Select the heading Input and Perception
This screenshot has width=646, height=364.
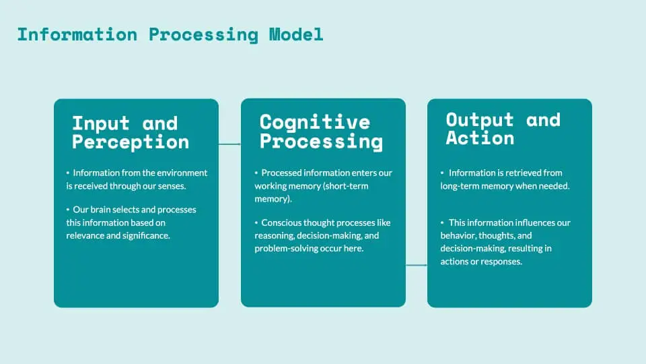coord(131,133)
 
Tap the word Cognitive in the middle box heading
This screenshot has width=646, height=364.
coord(315,122)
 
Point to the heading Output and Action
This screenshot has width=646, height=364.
coord(503,129)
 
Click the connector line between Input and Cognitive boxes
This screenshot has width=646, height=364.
coord(229,144)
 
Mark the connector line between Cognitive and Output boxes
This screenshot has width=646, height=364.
coord(417,265)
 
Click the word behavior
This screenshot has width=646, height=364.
coord(459,235)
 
